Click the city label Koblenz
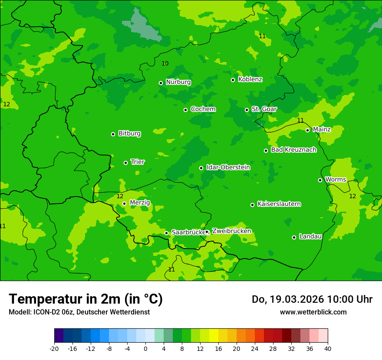point(250,79)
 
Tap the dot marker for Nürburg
point(161,83)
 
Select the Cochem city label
point(203,109)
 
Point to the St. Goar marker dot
point(247,110)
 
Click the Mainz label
point(322,130)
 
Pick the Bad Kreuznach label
point(293,150)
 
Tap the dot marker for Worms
point(320,180)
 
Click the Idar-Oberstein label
point(228,167)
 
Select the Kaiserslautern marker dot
point(252,205)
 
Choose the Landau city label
point(310,237)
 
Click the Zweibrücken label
point(231,231)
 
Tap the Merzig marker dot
point(124,203)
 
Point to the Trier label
point(138,162)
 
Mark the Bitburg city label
point(129,134)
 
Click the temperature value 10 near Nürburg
point(165,64)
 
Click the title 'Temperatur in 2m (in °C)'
point(86,299)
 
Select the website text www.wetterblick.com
point(313,312)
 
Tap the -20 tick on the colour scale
point(54,348)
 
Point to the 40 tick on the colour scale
point(327,348)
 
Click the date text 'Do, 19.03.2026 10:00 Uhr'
point(312,299)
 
